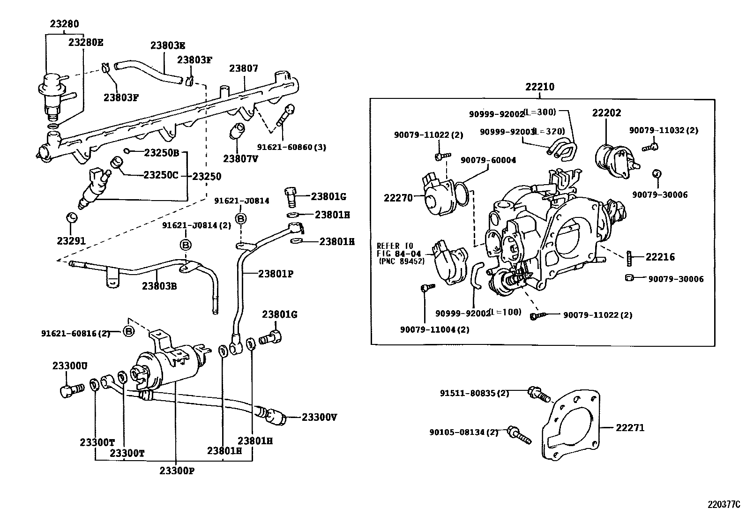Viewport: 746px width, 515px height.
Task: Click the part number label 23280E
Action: (85, 43)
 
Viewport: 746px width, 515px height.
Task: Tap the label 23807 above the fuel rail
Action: (243, 68)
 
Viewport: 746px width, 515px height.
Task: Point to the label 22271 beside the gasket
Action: (630, 428)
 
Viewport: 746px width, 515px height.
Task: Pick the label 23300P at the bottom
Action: (176, 470)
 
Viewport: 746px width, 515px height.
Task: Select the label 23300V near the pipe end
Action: (319, 417)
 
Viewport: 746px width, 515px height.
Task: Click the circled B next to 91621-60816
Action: (129, 332)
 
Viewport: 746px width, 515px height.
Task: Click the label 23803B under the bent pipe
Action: (159, 286)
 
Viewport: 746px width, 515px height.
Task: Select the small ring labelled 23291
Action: (71, 217)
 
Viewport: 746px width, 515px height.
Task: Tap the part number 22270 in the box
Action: (398, 198)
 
